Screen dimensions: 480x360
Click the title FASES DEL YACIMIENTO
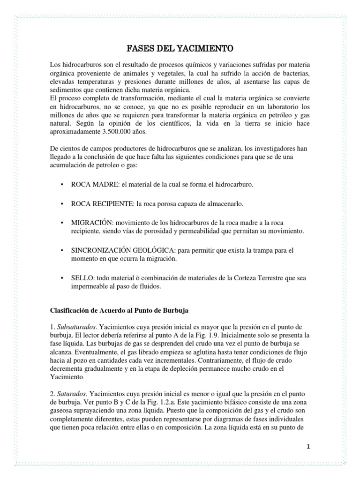(x=180, y=48)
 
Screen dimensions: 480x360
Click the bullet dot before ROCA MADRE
(x=62, y=185)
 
